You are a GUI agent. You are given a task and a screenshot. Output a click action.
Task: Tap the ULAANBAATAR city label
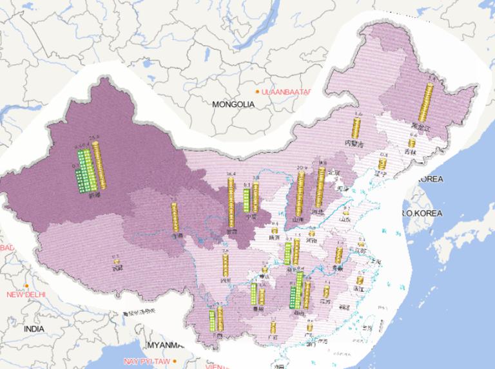(x=286, y=92)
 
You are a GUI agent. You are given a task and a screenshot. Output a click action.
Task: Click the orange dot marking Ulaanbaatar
(x=257, y=92)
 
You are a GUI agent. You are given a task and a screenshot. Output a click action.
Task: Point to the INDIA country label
(x=34, y=328)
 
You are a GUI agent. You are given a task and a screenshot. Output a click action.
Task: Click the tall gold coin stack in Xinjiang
(x=98, y=165)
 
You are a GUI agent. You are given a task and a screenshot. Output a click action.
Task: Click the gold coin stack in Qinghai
(x=174, y=217)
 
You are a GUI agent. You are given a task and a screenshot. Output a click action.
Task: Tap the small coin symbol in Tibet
(x=117, y=261)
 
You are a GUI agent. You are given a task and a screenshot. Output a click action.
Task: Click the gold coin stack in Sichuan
(x=225, y=265)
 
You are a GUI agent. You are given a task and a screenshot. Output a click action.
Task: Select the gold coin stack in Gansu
(x=231, y=202)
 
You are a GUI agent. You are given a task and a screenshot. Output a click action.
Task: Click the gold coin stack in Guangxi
(x=273, y=328)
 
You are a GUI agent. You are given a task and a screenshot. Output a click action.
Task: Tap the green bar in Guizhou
(x=254, y=296)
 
